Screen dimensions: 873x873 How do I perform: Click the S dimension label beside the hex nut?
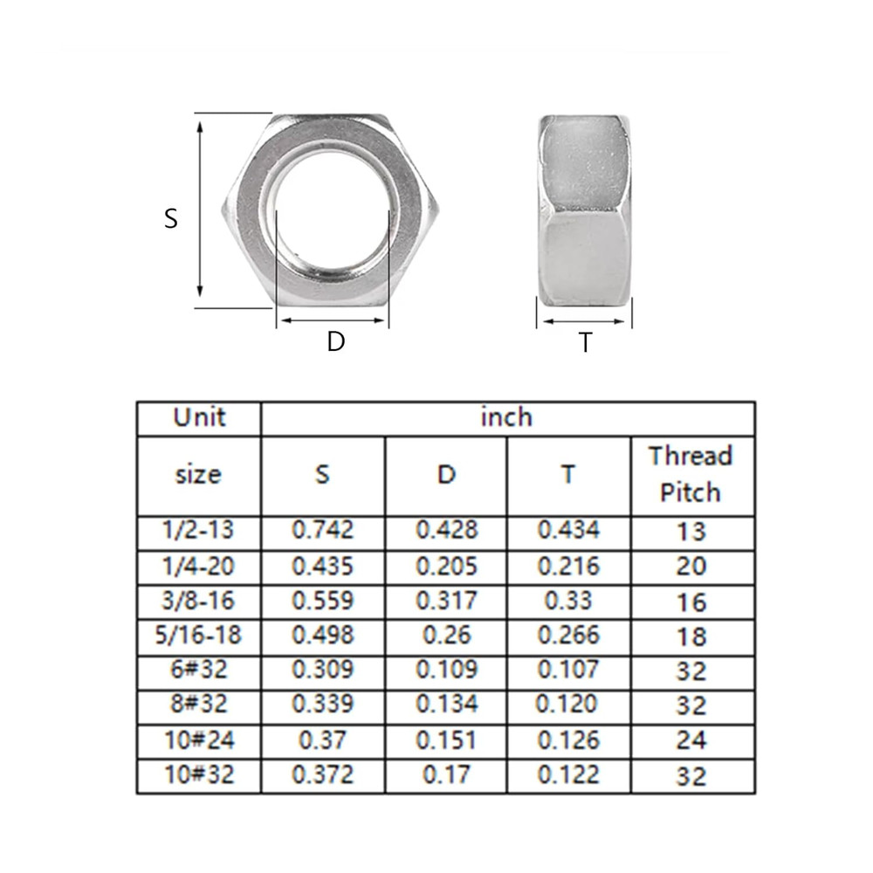[171, 218]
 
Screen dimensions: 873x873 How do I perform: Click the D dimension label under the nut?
[336, 342]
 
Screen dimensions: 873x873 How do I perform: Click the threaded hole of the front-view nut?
[332, 213]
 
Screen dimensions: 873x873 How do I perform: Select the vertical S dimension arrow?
[201, 210]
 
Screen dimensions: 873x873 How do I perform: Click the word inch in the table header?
[506, 417]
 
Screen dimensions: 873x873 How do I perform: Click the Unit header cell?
[199, 417]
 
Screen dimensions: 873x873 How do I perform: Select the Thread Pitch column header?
[690, 474]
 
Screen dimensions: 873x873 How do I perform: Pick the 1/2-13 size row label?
[199, 530]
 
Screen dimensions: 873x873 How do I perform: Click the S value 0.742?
[323, 530]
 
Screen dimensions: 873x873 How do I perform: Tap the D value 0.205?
[446, 566]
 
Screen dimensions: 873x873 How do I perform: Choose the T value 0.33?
[568, 601]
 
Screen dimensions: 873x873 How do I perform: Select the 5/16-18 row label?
[199, 636]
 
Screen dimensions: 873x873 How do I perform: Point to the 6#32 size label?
[199, 670]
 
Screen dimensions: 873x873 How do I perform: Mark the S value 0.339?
[323, 705]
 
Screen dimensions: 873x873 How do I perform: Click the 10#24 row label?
[199, 739]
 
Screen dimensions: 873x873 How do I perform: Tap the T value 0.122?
[568, 774]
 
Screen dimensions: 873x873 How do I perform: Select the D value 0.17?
[446, 774]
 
